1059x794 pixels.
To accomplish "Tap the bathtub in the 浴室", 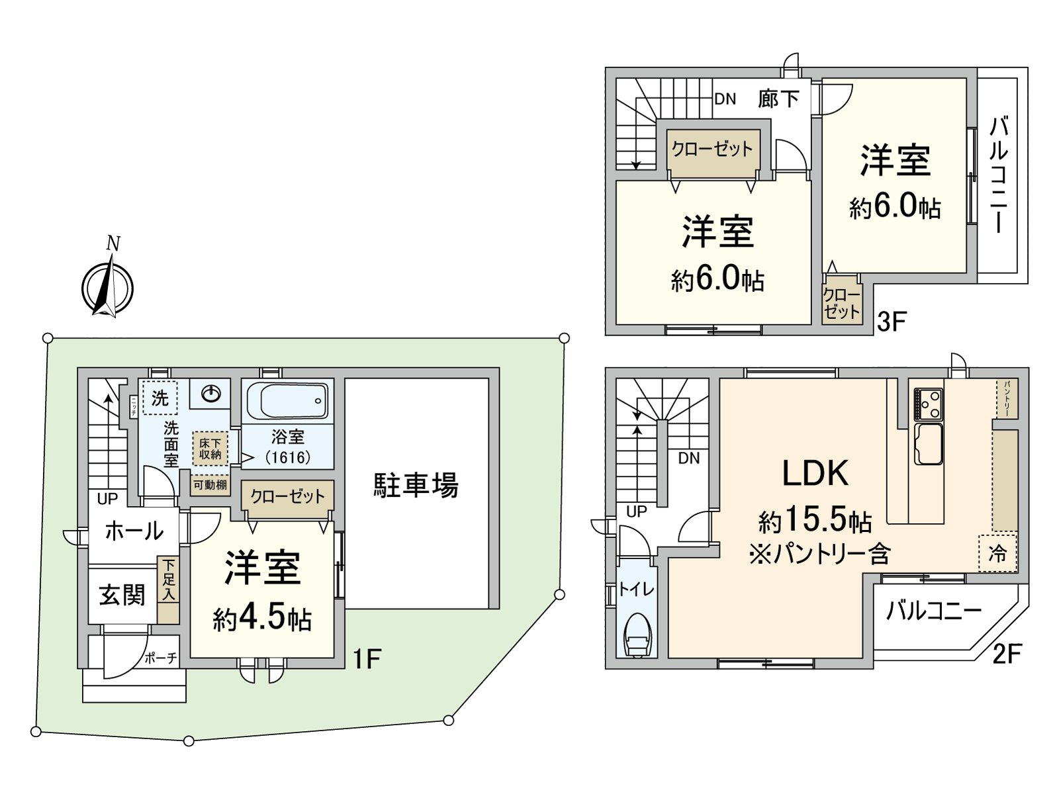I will (287, 401).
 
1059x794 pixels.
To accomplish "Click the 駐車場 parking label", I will (416, 486).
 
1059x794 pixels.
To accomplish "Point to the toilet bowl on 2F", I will (637, 636).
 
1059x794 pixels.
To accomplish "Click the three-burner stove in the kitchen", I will (928, 404).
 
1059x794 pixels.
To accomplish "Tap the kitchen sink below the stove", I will (928, 443).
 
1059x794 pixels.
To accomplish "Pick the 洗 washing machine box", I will (160, 398).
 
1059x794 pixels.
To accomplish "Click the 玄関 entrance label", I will (122, 595).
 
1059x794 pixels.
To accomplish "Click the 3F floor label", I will (891, 322).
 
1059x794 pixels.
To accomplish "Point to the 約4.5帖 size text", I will (263, 619).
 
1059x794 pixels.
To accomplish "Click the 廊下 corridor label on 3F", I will (778, 99).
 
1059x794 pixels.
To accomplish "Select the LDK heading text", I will (815, 474).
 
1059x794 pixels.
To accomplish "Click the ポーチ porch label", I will (161, 658).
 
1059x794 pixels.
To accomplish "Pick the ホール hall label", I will (134, 531).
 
